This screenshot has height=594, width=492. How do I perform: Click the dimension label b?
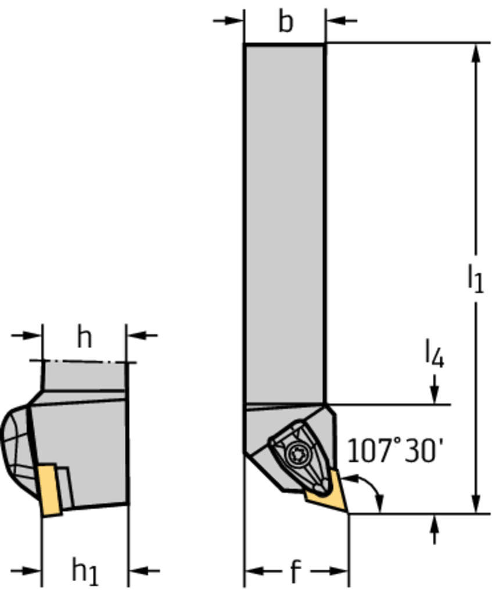click(x=286, y=21)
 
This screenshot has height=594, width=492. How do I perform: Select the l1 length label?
click(x=475, y=278)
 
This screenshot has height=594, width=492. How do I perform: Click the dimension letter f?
click(x=295, y=571)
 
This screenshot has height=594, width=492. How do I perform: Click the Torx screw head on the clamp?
click(x=296, y=452)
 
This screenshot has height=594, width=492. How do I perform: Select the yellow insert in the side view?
click(x=50, y=490)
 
